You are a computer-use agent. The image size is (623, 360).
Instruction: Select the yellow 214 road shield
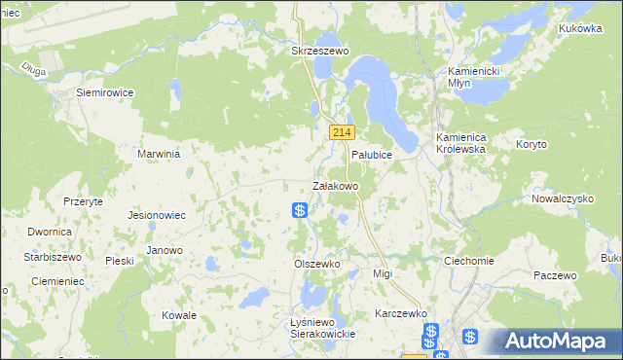[341, 131]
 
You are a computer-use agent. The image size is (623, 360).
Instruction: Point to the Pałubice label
[371, 155]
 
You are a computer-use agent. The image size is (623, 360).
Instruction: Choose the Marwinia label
[161, 154]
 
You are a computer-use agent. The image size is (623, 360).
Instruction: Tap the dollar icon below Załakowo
[300, 209]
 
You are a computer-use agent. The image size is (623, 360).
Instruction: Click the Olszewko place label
[316, 264]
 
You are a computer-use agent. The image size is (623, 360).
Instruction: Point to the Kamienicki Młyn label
[473, 78]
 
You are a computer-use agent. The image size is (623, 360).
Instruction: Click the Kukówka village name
[580, 29]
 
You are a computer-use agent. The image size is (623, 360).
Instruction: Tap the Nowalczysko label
[563, 198]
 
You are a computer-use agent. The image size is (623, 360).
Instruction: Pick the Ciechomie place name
[469, 262]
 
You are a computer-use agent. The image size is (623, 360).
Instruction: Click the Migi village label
[383, 274]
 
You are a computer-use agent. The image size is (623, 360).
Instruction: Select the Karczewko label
[402, 314]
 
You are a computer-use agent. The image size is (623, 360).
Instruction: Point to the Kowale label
[179, 315]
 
